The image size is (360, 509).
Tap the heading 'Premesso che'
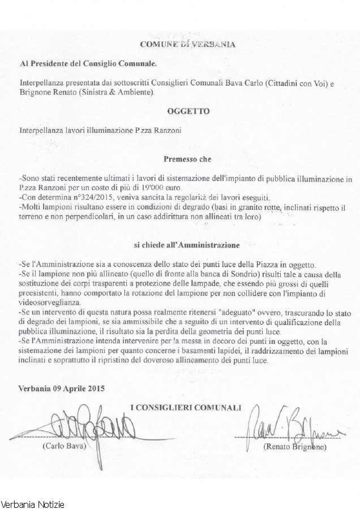pos(179,159)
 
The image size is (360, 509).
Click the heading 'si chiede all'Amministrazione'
pos(179,245)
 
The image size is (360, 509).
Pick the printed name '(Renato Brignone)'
pos(294,447)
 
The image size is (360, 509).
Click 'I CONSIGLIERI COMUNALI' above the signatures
pos(186,407)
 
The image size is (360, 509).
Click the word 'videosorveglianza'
pos(47,301)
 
